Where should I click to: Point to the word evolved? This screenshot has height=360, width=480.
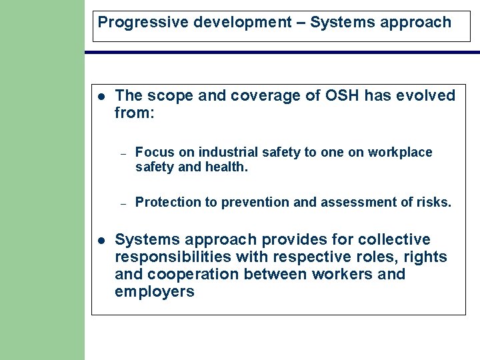coord(425,96)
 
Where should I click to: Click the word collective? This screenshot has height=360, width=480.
coord(394,239)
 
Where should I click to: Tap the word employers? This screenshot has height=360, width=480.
coord(154,291)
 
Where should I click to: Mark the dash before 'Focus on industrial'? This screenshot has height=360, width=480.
coord(123,153)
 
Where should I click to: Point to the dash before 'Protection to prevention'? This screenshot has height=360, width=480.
coord(123,203)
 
